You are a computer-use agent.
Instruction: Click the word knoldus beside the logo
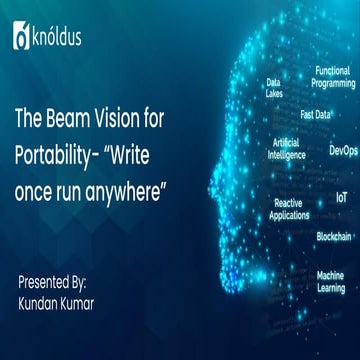(x=58, y=39)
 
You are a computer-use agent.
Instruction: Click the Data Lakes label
(x=273, y=88)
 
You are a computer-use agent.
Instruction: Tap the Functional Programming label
(x=332, y=77)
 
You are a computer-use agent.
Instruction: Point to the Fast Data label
(x=315, y=114)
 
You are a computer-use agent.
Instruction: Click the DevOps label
(x=342, y=150)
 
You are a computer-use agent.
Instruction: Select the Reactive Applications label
(x=291, y=208)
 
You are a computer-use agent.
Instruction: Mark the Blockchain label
(x=334, y=236)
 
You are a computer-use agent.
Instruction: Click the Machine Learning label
(x=331, y=281)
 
